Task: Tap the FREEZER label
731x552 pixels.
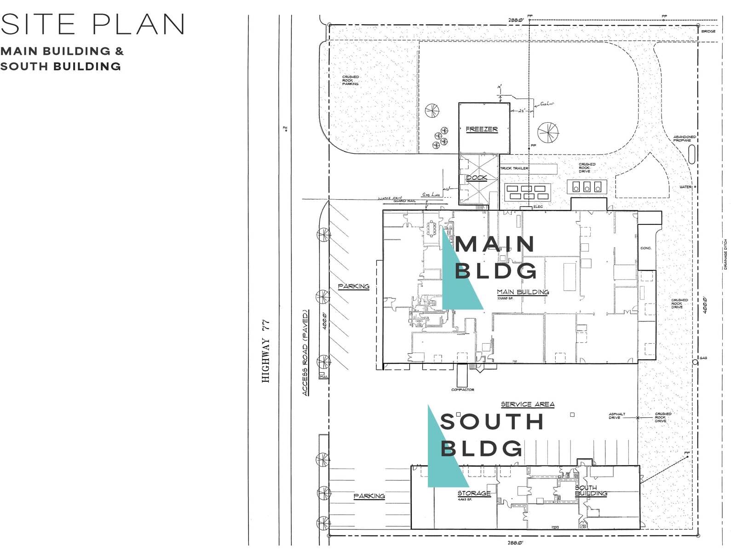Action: tap(482, 129)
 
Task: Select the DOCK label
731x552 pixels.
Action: tap(476, 178)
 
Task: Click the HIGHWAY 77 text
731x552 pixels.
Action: tap(265, 351)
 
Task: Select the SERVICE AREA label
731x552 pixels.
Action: tap(527, 404)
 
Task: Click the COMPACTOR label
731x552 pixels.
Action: tap(462, 390)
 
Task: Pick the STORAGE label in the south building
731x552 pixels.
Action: tap(474, 493)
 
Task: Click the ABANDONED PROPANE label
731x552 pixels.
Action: tap(684, 138)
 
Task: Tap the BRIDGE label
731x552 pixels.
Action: tap(708, 31)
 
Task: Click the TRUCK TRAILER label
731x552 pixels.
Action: tap(514, 168)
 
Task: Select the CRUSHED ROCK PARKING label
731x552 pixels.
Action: tap(350, 80)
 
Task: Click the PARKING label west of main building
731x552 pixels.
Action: tap(353, 286)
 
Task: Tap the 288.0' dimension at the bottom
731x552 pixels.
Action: tap(515, 543)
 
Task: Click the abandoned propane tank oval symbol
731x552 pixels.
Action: tap(691, 154)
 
